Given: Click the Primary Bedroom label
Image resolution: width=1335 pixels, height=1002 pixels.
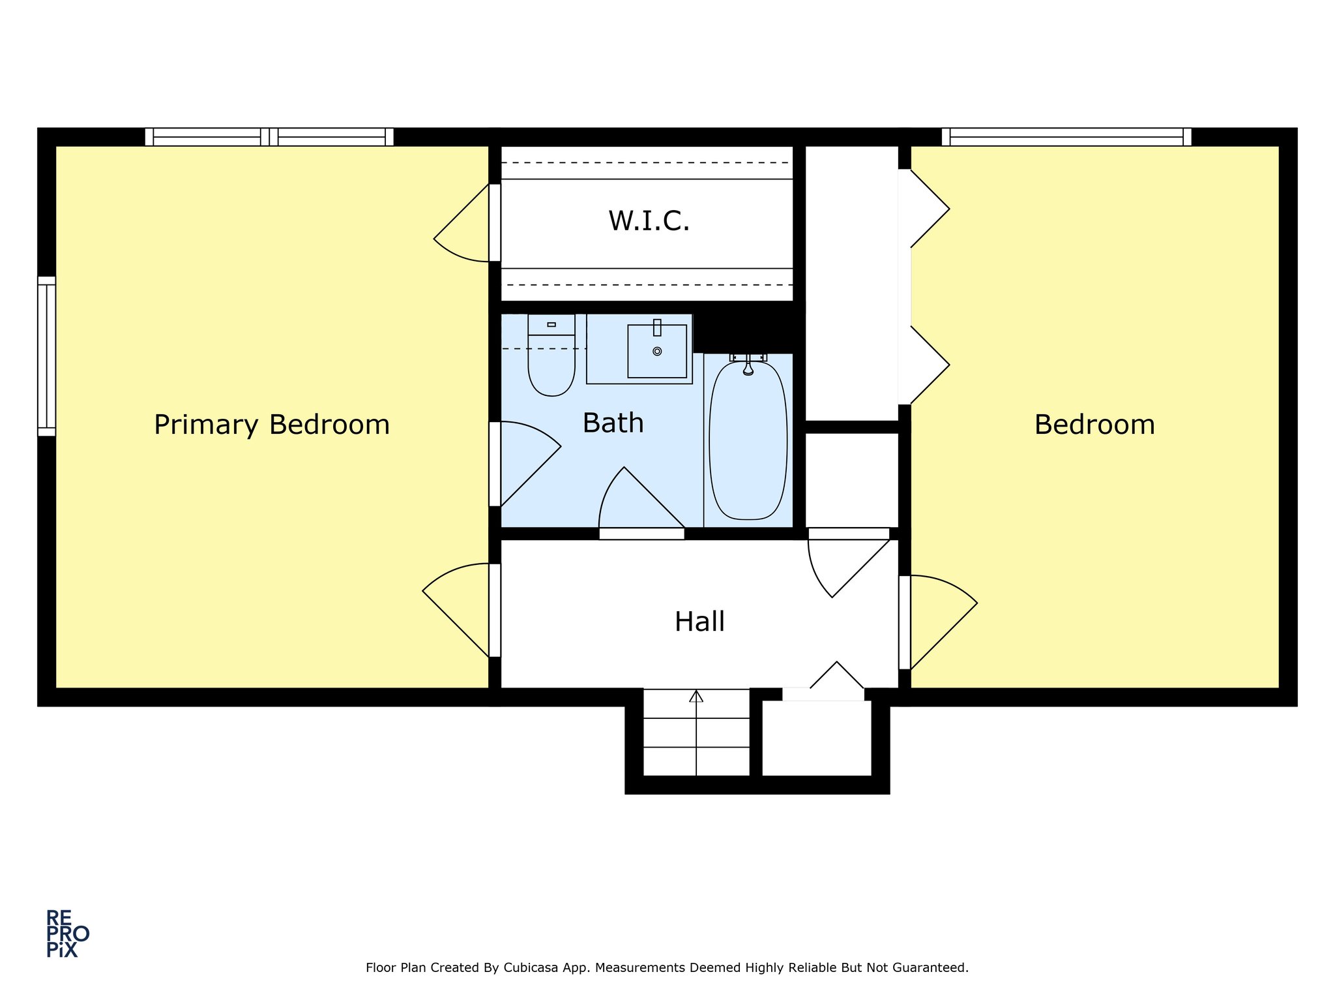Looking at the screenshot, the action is coord(272,425).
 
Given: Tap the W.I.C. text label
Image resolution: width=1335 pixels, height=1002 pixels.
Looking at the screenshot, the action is coord(649,221).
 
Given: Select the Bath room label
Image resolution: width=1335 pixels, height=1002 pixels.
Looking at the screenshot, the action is coord(613,423).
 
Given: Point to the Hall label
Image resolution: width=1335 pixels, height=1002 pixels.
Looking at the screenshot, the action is coord(699,622).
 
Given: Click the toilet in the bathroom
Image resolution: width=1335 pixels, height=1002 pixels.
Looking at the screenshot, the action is coord(551,356).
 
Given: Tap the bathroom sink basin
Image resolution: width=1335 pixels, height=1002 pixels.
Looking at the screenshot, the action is coord(657,351).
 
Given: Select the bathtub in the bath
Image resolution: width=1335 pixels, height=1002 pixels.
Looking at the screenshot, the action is coord(748,440).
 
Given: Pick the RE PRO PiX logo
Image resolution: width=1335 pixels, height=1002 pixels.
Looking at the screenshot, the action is coord(67,934).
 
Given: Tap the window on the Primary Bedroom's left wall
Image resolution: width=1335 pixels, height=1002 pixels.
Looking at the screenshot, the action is coord(46,356).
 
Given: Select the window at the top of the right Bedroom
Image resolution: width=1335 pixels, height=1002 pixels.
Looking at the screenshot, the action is coord(1066,137).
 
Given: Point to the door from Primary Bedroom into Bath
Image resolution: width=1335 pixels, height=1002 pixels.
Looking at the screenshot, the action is coord(525,463).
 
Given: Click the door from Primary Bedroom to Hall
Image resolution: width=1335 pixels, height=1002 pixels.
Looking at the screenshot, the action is coord(460,610).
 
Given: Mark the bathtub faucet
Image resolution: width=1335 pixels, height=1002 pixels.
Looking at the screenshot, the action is coord(748,364).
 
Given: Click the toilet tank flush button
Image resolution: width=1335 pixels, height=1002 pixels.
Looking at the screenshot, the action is coord(551,324).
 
